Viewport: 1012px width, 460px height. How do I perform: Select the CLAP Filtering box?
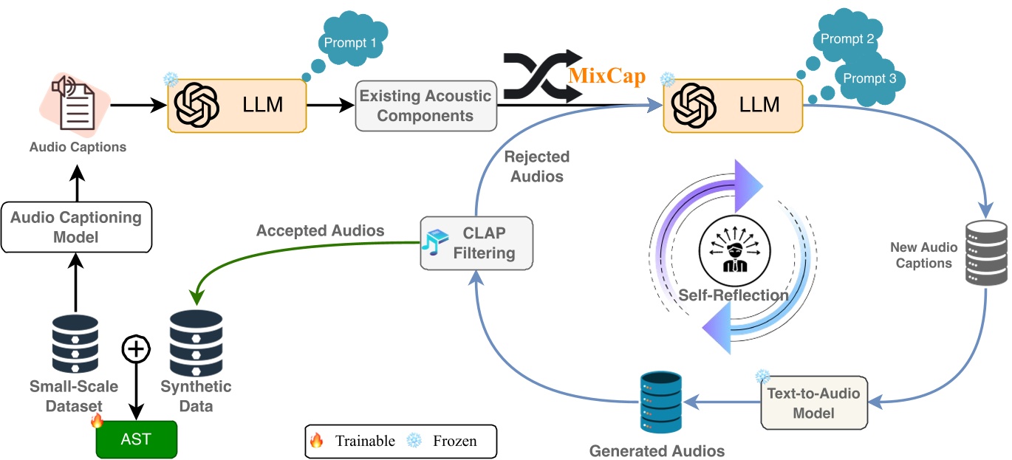tap(476, 243)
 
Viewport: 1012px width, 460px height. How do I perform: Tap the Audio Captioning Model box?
tap(76, 227)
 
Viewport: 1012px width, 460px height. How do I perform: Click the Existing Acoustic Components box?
tap(425, 106)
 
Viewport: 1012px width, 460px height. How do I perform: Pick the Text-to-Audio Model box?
tap(814, 403)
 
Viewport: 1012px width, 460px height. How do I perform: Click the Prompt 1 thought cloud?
tap(351, 44)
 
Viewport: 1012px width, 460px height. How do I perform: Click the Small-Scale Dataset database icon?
tap(75, 345)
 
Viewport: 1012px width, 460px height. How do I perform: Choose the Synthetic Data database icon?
tap(196, 345)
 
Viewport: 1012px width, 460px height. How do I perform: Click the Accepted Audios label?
tap(320, 231)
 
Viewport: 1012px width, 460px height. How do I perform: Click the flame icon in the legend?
tap(317, 441)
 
